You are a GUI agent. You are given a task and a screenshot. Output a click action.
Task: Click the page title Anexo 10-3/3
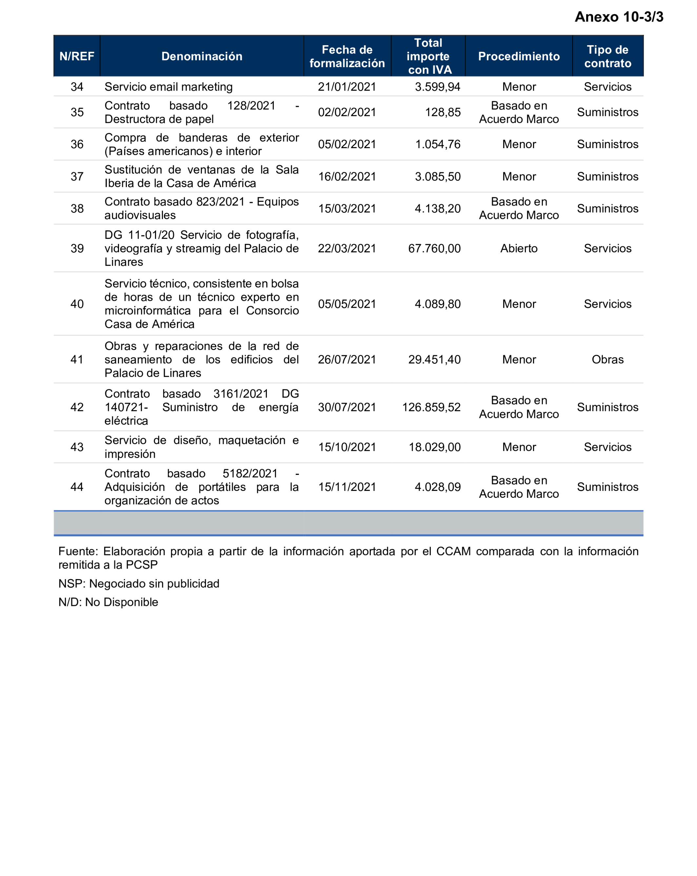tap(619, 17)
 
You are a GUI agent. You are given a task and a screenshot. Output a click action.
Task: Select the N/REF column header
tap(77, 56)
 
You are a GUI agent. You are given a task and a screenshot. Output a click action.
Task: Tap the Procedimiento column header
tap(519, 56)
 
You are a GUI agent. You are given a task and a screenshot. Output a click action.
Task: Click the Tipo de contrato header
tap(607, 56)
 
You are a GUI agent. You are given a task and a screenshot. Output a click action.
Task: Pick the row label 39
tap(77, 248)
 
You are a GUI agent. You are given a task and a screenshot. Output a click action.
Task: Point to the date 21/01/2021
tap(347, 87)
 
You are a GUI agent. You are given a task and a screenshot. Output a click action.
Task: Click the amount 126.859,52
tap(431, 407)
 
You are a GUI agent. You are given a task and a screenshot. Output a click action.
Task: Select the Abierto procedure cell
tap(519, 248)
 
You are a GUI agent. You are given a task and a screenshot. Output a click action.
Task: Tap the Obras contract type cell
tap(607, 359)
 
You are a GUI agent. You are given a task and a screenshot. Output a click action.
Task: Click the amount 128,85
tap(443, 112)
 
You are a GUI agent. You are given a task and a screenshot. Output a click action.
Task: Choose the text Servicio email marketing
tap(168, 87)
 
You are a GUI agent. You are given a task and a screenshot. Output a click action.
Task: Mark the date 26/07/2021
tap(347, 359)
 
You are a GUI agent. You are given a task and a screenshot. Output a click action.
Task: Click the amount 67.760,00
tap(434, 248)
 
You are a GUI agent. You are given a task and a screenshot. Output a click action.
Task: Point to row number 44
tap(77, 487)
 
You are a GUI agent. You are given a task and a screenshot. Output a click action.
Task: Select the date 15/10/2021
tap(347, 447)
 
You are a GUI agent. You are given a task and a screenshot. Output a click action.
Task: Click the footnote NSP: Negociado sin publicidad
tap(139, 583)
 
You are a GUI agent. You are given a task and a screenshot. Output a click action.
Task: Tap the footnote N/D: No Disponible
tap(108, 602)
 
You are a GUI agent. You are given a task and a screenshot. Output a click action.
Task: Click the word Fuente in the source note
tap(78, 551)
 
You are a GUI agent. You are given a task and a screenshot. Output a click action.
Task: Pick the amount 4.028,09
tap(437, 487)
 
